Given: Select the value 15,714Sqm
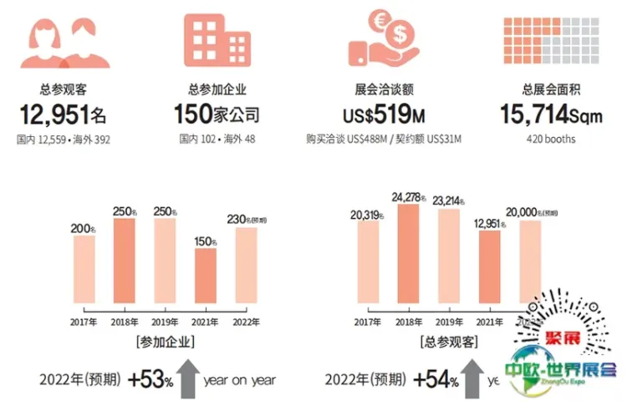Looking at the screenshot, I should point(551,113).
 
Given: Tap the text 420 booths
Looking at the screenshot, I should point(551,139).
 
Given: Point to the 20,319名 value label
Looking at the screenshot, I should point(368,214).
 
